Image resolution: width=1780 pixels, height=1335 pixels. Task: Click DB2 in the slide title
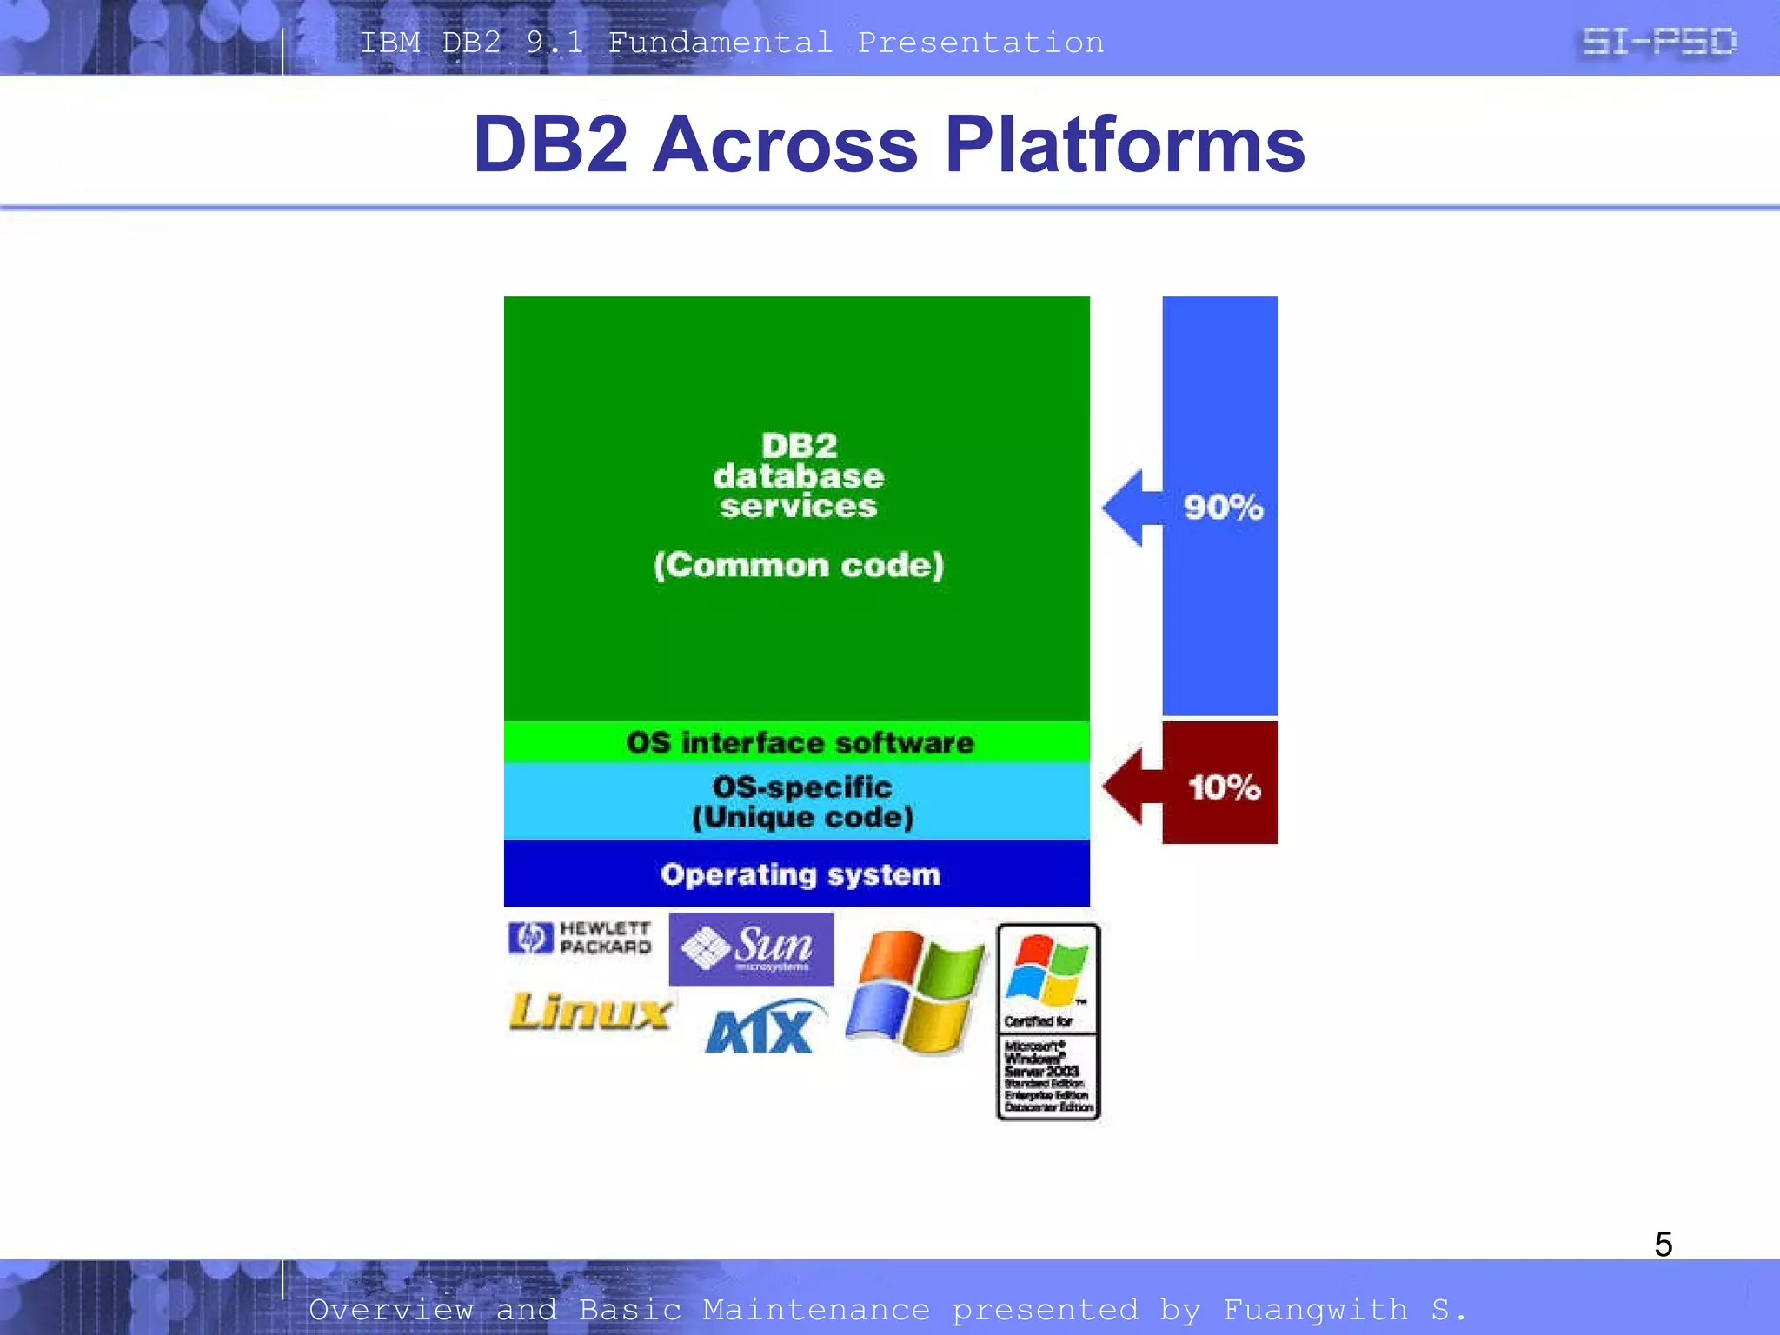[550, 144]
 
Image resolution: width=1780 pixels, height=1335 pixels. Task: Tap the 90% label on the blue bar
[1223, 508]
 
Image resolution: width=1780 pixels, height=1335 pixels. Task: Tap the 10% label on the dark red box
[1224, 787]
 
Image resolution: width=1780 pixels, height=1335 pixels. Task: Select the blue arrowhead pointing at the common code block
[1128, 508]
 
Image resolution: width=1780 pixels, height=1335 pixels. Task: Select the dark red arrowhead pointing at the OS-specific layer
[1128, 787]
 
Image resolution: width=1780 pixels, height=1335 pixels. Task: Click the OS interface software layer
[800, 743]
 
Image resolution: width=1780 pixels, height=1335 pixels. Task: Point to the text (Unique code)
[802, 817]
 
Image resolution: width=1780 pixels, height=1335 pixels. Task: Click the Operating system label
[800, 874]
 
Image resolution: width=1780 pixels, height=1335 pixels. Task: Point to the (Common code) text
[798, 566]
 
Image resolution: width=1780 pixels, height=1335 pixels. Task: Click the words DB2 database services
[798, 476]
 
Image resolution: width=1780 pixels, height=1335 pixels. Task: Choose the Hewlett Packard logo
[580, 939]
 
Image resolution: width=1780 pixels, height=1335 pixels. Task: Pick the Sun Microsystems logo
[751, 949]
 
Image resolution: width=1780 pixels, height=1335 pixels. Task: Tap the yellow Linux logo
[589, 1013]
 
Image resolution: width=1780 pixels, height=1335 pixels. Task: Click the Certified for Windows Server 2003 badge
[1048, 1022]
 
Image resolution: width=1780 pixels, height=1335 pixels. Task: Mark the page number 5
[1663, 1244]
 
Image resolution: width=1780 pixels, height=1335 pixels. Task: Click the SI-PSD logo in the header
[1658, 42]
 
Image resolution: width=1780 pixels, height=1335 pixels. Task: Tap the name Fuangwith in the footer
[1314, 1309]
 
